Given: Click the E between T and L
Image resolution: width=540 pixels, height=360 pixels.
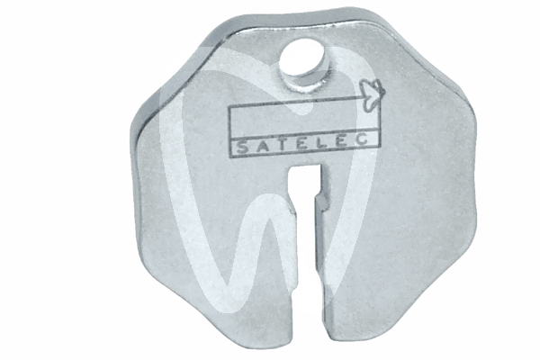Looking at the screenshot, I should [282, 145].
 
